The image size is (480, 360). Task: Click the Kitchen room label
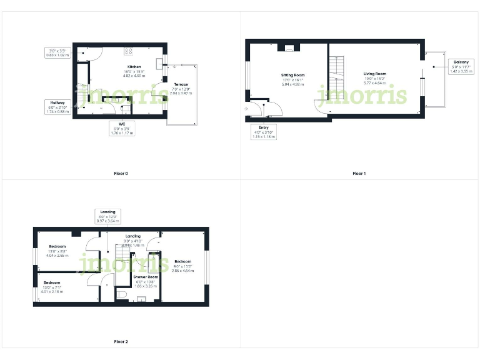tap(134, 67)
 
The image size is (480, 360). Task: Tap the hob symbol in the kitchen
tap(129, 51)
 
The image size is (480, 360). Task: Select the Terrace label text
tap(180, 84)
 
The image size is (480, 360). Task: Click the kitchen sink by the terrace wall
tap(159, 62)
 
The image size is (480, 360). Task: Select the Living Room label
tap(375, 74)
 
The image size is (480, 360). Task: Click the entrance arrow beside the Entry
tap(246, 111)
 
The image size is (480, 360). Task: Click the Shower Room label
tap(145, 276)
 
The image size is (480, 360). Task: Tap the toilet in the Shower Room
tap(122, 294)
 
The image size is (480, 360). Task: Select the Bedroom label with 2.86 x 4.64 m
tap(183, 261)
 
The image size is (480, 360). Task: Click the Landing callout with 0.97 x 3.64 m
tap(108, 216)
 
